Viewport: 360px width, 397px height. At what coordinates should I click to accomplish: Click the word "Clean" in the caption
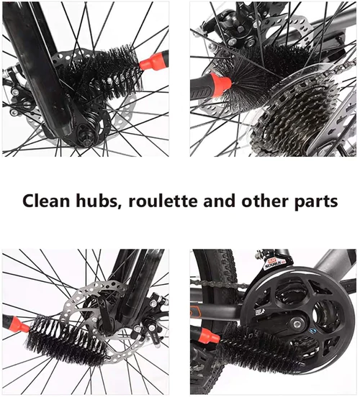click(x=46, y=201)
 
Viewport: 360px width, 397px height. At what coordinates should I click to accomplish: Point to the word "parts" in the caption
click(x=316, y=202)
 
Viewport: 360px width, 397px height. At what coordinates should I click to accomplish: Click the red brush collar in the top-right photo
click(x=221, y=83)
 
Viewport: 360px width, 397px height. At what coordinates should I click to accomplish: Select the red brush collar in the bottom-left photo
click(x=20, y=325)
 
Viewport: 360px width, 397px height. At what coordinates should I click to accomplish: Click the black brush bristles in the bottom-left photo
click(x=66, y=339)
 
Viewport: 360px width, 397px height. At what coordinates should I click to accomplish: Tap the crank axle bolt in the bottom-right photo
click(x=296, y=324)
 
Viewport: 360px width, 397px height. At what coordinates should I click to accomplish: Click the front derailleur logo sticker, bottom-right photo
click(x=274, y=264)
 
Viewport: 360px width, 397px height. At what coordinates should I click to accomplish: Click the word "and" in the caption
click(x=220, y=201)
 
